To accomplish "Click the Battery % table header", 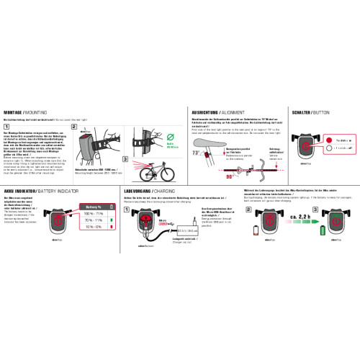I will click(94, 207).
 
